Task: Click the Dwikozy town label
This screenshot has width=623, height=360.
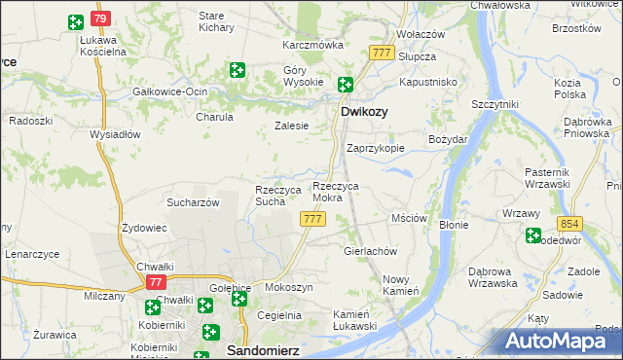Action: click(364, 112)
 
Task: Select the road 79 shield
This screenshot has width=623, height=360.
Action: click(100, 19)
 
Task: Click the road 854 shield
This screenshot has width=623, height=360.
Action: click(570, 223)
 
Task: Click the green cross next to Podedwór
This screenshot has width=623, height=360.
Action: click(532, 234)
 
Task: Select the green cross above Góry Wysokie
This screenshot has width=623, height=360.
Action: click(237, 69)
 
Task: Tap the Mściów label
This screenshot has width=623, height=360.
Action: click(409, 219)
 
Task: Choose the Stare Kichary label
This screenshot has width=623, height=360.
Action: click(211, 22)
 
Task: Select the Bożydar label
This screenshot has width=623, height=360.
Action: click(449, 139)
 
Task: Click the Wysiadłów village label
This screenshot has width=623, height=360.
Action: click(115, 134)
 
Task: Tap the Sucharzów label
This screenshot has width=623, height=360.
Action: click(193, 202)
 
